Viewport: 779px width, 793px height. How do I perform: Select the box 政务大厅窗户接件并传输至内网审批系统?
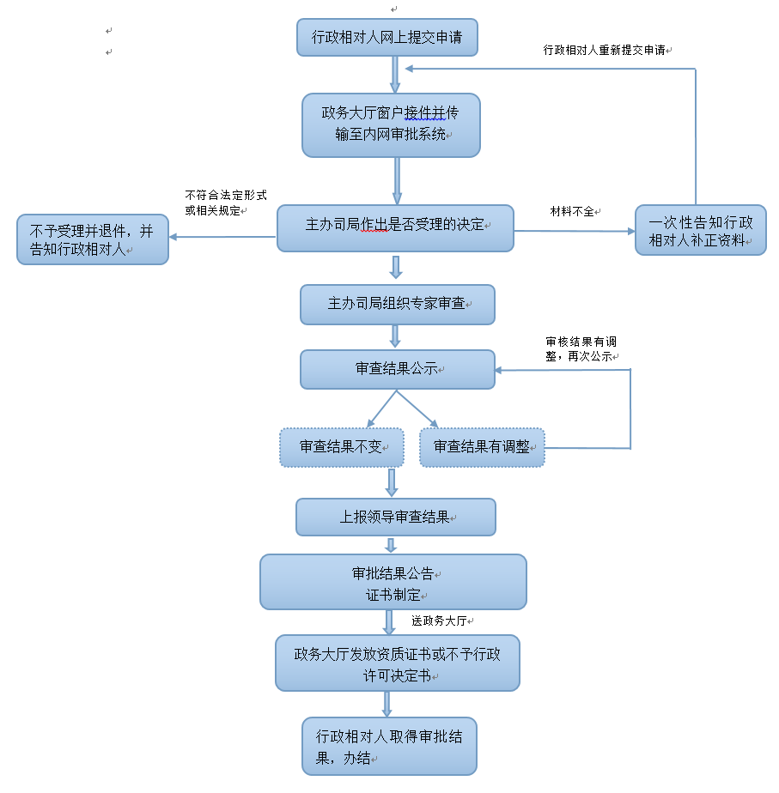point(391,124)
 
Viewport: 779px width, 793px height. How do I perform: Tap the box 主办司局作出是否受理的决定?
point(395,227)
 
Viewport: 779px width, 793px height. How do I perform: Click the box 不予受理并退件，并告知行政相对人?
point(93,239)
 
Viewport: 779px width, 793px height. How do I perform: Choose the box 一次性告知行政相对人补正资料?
point(701,230)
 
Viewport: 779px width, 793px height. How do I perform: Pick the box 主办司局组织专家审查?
point(397,304)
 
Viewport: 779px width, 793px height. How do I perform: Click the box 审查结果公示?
point(397,369)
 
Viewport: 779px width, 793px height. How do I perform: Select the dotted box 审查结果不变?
point(342,447)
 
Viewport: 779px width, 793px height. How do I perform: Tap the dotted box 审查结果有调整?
point(482,447)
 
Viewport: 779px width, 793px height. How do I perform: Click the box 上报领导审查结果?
point(395,518)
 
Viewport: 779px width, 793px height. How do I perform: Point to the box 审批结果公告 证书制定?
point(393,581)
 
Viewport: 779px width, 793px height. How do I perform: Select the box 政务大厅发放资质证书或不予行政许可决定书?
point(397,663)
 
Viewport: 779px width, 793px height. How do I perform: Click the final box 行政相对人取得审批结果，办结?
point(389,746)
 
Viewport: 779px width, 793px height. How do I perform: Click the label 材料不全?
point(574,210)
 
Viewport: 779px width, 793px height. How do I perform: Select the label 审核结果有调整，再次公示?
point(582,348)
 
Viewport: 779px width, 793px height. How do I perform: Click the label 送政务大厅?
point(442,620)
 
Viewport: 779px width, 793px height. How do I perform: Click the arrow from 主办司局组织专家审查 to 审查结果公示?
point(395,336)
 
